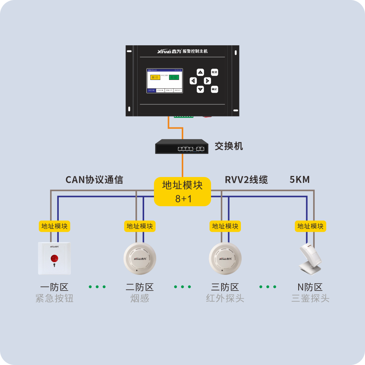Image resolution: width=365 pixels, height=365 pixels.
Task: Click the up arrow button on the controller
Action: pos(200,72)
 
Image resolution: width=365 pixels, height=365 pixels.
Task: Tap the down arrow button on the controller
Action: pos(200,89)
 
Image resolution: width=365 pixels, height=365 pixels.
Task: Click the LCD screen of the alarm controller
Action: pos(164,81)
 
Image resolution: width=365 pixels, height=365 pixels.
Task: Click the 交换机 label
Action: pos(228,146)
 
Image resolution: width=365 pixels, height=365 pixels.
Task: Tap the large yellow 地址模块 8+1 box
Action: pos(182,191)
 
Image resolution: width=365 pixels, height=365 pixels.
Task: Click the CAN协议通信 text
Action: pos(94,180)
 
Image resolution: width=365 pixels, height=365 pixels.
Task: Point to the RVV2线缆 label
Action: pos(246,180)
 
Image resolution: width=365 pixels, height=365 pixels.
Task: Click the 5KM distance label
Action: pos(300,180)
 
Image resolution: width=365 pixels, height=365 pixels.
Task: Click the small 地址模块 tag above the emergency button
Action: pos(54,226)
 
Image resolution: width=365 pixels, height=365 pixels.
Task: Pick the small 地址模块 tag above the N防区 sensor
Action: pos(311,226)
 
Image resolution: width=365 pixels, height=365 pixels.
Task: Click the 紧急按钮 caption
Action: pos(54,299)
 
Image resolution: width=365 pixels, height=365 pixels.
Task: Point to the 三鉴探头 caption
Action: pos(311,299)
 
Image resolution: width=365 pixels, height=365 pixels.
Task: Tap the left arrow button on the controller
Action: pos(193,81)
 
